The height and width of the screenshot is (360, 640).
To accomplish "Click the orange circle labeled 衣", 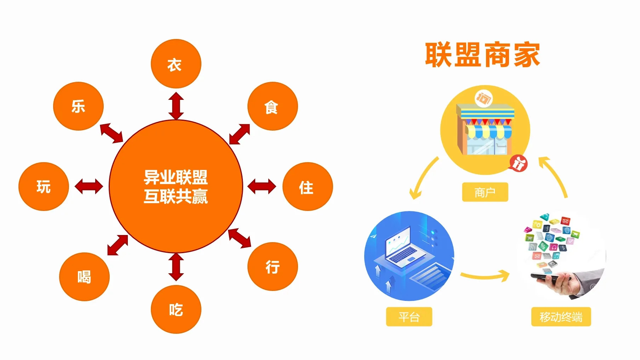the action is [176, 64].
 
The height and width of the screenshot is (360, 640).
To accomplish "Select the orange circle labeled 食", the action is [273, 106].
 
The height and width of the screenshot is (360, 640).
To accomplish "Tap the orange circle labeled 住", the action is [308, 187].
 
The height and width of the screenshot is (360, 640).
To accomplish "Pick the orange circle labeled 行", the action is [273, 267].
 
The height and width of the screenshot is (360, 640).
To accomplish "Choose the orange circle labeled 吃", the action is [176, 309].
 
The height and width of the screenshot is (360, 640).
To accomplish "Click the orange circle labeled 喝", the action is [84, 277].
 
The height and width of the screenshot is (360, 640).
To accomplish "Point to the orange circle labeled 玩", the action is [44, 187].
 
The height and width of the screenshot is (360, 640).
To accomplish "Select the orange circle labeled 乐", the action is [78, 106].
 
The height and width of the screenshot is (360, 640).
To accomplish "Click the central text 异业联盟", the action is [176, 177].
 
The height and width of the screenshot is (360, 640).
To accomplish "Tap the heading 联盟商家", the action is [482, 55].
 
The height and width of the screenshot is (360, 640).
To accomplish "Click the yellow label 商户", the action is [485, 192].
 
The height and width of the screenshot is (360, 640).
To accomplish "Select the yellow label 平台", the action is [409, 316].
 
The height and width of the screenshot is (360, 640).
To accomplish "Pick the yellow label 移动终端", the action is [561, 316].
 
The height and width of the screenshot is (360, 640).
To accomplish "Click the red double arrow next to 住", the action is [262, 187].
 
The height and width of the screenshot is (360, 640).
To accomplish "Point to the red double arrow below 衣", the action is [176, 106].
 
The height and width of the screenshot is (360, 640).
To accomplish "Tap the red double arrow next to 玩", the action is [89, 187].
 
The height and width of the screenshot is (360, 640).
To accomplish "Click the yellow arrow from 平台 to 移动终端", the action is [485, 275].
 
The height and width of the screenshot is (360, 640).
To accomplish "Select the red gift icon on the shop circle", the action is [518, 164].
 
